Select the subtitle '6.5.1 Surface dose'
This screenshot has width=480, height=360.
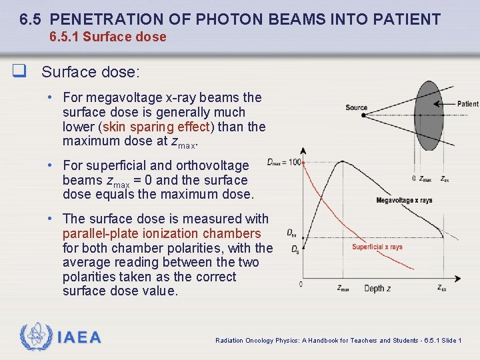108,37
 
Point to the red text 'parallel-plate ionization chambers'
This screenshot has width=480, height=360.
161,233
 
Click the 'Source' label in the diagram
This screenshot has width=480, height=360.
356,107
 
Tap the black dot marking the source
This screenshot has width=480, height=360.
363,115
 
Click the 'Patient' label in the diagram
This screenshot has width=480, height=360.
467,104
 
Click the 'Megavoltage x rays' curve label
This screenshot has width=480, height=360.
404,201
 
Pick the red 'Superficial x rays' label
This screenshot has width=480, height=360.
377,247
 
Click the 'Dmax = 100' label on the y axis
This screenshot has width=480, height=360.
283,162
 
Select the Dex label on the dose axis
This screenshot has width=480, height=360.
291,233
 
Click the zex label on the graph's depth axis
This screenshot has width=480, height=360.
442,288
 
